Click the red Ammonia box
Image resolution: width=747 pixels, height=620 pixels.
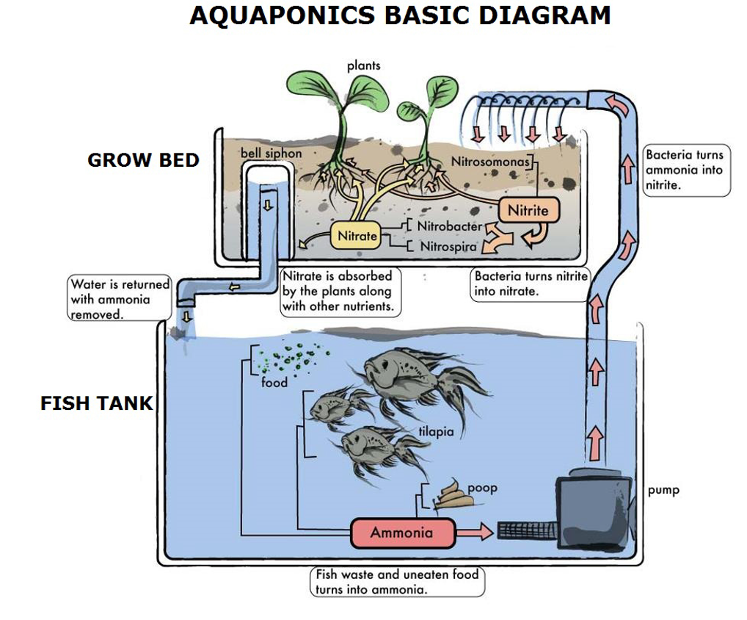(402, 533)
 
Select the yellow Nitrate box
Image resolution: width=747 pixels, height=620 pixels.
(357, 236)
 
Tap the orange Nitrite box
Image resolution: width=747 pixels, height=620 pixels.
(528, 210)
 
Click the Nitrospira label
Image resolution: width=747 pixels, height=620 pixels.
(448, 246)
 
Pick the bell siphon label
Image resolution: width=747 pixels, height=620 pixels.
(271, 153)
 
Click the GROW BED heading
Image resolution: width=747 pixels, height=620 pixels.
(143, 160)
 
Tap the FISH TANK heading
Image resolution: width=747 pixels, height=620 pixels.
(97, 403)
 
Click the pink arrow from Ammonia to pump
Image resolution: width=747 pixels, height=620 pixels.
(475, 532)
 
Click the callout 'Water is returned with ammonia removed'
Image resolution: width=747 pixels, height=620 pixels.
(120, 298)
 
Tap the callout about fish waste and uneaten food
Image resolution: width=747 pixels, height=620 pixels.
(397, 582)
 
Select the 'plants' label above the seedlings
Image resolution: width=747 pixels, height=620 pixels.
(364, 65)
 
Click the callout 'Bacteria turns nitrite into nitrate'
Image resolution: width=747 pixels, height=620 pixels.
(531, 284)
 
